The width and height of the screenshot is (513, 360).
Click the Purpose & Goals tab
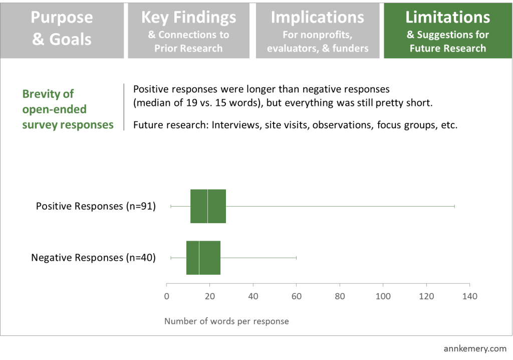[62, 31]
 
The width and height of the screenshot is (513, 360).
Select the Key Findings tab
[188, 31]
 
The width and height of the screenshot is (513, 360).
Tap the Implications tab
[317, 31]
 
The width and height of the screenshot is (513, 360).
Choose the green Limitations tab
[447, 31]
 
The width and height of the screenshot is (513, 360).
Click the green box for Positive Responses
[208, 206]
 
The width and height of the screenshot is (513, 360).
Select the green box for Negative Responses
[203, 258]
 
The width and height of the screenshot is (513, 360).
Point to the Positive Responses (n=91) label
[96, 206]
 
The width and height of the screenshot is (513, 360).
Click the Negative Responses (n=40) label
[93, 258]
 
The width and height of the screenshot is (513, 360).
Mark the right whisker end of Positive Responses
[454, 206]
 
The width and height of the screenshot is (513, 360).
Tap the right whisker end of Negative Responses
[296, 258]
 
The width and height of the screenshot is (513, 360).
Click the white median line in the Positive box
[207, 206]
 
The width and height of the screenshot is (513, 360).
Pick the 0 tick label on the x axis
[166, 296]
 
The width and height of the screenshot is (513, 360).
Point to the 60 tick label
[297, 296]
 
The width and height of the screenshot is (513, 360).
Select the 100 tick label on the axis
[383, 296]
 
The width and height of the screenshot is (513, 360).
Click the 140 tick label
[469, 296]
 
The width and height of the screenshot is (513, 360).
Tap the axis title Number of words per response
[226, 321]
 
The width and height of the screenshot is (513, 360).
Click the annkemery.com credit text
[475, 348]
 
